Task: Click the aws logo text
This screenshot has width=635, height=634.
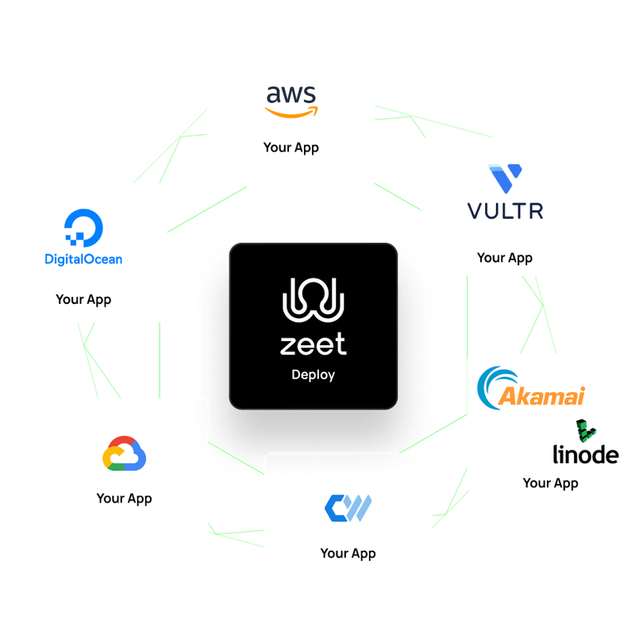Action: [291, 95]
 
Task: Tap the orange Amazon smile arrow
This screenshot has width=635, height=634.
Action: [291, 113]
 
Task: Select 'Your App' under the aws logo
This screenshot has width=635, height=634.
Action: [291, 148]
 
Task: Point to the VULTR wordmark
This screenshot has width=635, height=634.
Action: [505, 211]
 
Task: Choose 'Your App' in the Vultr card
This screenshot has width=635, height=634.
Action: [505, 258]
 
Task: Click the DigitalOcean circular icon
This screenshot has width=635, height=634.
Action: [83, 227]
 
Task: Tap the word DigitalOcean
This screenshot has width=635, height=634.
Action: [83, 259]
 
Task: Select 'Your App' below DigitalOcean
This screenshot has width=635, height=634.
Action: [83, 300]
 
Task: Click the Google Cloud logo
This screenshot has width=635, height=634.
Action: [125, 455]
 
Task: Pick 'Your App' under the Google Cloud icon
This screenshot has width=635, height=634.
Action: [124, 498]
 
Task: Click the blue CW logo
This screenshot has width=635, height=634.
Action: [348, 507]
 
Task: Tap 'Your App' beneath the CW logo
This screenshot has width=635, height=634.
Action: [348, 553]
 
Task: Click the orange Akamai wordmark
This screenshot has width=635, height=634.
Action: [541, 396]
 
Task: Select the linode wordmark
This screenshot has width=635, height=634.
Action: [586, 454]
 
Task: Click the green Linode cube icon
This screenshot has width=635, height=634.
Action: [586, 429]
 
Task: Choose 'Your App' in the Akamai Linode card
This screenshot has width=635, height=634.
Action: [550, 482]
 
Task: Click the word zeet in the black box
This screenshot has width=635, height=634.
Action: [313, 344]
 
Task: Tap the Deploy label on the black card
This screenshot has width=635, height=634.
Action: [313, 375]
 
